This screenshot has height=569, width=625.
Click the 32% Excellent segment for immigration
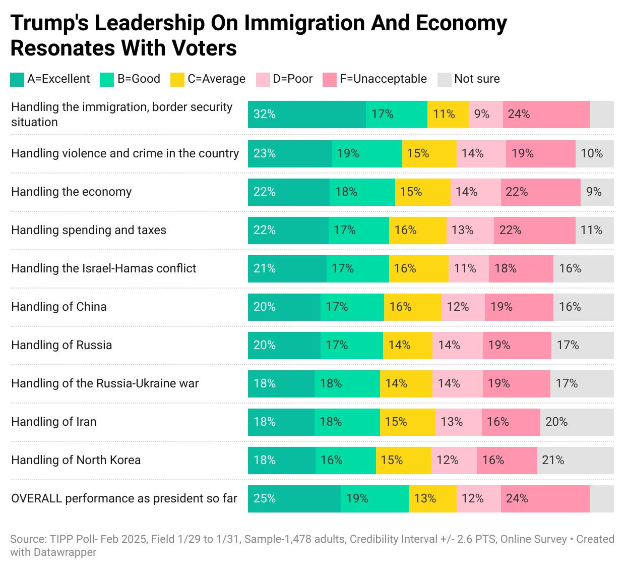coord(306,114)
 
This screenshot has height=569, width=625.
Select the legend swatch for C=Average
coord(177,79)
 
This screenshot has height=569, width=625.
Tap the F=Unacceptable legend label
coord(383,79)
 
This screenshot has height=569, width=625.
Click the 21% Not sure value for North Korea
coord(575,460)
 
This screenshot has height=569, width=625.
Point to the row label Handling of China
coord(59,307)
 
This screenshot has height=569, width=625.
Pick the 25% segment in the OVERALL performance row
coord(294,498)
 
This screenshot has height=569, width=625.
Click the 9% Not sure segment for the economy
coord(597,192)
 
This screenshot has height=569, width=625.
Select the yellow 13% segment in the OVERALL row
coord(432,498)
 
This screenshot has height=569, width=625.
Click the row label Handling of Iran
coord(54,422)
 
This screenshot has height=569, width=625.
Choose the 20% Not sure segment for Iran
coord(577,422)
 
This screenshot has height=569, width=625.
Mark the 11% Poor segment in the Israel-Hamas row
coord(468,268)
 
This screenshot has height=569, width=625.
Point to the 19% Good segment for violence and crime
coord(366,153)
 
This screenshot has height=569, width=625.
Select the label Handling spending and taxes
coord(89,230)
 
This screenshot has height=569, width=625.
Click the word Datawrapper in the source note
coord(65,552)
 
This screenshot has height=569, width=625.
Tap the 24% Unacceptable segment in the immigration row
coord(546,114)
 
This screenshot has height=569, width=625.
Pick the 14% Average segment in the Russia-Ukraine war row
coord(406,383)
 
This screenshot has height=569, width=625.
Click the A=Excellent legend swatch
coord(17,79)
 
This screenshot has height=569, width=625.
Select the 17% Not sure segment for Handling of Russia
coord(582,345)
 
